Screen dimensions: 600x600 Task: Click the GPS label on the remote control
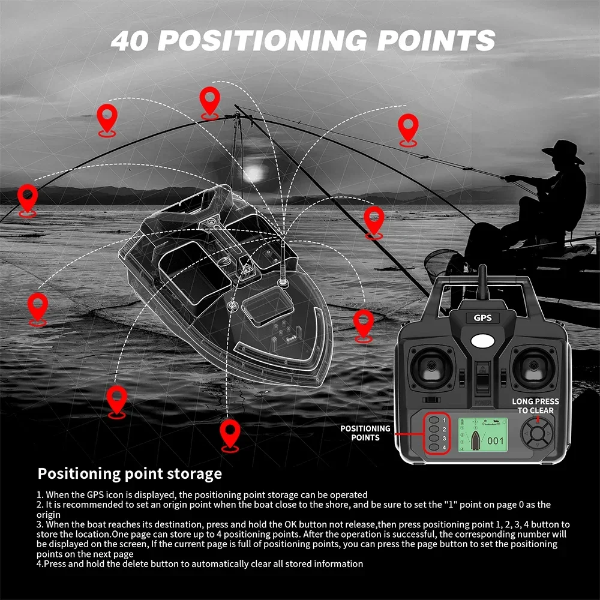pos(482,319)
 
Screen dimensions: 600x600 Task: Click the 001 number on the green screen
pos(496,440)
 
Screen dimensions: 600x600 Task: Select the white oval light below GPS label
pos(482,340)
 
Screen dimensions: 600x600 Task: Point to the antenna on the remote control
pos(481,279)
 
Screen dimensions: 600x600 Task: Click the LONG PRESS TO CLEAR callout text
pos(535,406)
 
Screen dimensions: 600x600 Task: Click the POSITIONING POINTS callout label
pos(365,433)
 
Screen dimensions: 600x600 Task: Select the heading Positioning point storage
pos(130,473)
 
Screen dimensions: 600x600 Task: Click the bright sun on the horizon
pos(255,172)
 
